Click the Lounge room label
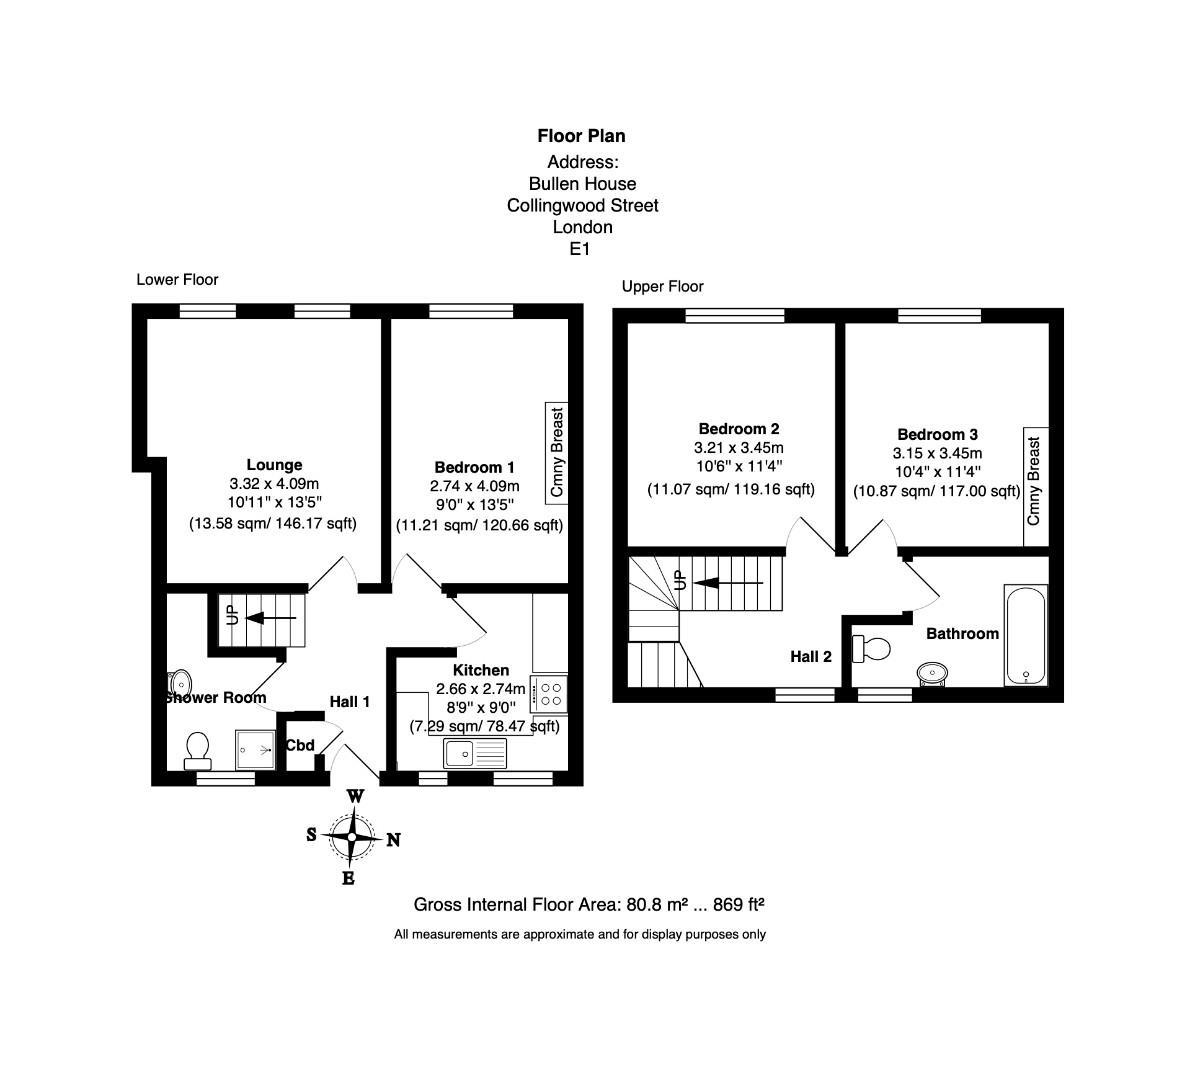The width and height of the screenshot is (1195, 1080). [274, 465]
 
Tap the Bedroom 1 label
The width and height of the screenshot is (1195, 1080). [474, 467]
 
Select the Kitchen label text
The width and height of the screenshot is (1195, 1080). [481, 670]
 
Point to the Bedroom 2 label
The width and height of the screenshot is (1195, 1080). [738, 429]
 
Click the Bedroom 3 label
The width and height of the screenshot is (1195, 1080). [937, 434]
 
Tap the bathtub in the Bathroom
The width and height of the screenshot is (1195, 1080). [1025, 636]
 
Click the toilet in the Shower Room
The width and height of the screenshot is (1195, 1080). [197, 749]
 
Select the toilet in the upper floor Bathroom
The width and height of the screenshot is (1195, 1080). [871, 649]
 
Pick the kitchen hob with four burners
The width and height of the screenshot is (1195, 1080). [549, 694]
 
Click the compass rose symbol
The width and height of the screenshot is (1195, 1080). [352, 837]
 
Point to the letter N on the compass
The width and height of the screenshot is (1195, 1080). [394, 840]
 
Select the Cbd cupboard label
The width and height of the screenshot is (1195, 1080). [300, 745]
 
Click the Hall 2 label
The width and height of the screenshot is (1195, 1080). [811, 657]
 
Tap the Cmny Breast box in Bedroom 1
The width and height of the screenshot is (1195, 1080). [557, 452]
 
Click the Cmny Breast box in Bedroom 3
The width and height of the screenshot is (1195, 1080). [1034, 480]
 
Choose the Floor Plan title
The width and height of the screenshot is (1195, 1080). [581, 136]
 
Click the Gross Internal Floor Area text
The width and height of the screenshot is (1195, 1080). [589, 905]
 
